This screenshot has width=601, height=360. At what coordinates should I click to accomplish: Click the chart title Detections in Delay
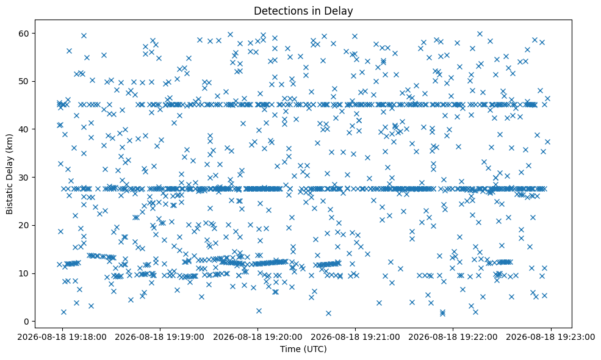pyautogui.click(x=303, y=11)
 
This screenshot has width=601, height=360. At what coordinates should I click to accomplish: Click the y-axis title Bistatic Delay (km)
pyautogui.click(x=9, y=174)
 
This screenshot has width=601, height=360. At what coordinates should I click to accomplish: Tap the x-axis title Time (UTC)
pyautogui.click(x=303, y=349)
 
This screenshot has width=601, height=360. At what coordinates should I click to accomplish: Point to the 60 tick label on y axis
pyautogui.click(x=23, y=34)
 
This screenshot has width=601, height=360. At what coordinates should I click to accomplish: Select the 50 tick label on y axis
pyautogui.click(x=23, y=81)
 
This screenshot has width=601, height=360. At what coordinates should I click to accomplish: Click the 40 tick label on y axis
pyautogui.click(x=23, y=129)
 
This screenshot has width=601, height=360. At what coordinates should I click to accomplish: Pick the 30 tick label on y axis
pyautogui.click(x=23, y=177)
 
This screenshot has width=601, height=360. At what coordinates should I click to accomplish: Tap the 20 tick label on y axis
pyautogui.click(x=23, y=225)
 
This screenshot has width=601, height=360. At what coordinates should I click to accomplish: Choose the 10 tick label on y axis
pyautogui.click(x=23, y=273)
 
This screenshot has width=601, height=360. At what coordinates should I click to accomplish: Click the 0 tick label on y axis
pyautogui.click(x=26, y=322)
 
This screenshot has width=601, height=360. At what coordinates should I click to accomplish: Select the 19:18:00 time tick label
pyautogui.click(x=62, y=337)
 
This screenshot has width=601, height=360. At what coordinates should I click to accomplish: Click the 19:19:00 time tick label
pyautogui.click(x=160, y=337)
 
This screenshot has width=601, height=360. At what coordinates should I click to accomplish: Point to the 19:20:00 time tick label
pyautogui.click(x=257, y=337)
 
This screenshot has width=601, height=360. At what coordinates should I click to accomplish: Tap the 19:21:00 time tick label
pyautogui.click(x=355, y=337)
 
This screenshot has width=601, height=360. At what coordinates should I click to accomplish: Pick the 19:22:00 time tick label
pyautogui.click(x=453, y=337)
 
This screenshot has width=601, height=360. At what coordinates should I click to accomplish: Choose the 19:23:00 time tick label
pyautogui.click(x=551, y=337)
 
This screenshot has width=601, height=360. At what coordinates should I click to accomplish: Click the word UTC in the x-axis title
pyautogui.click(x=315, y=349)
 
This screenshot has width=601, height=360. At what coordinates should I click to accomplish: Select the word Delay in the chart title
pyautogui.click(x=339, y=11)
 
